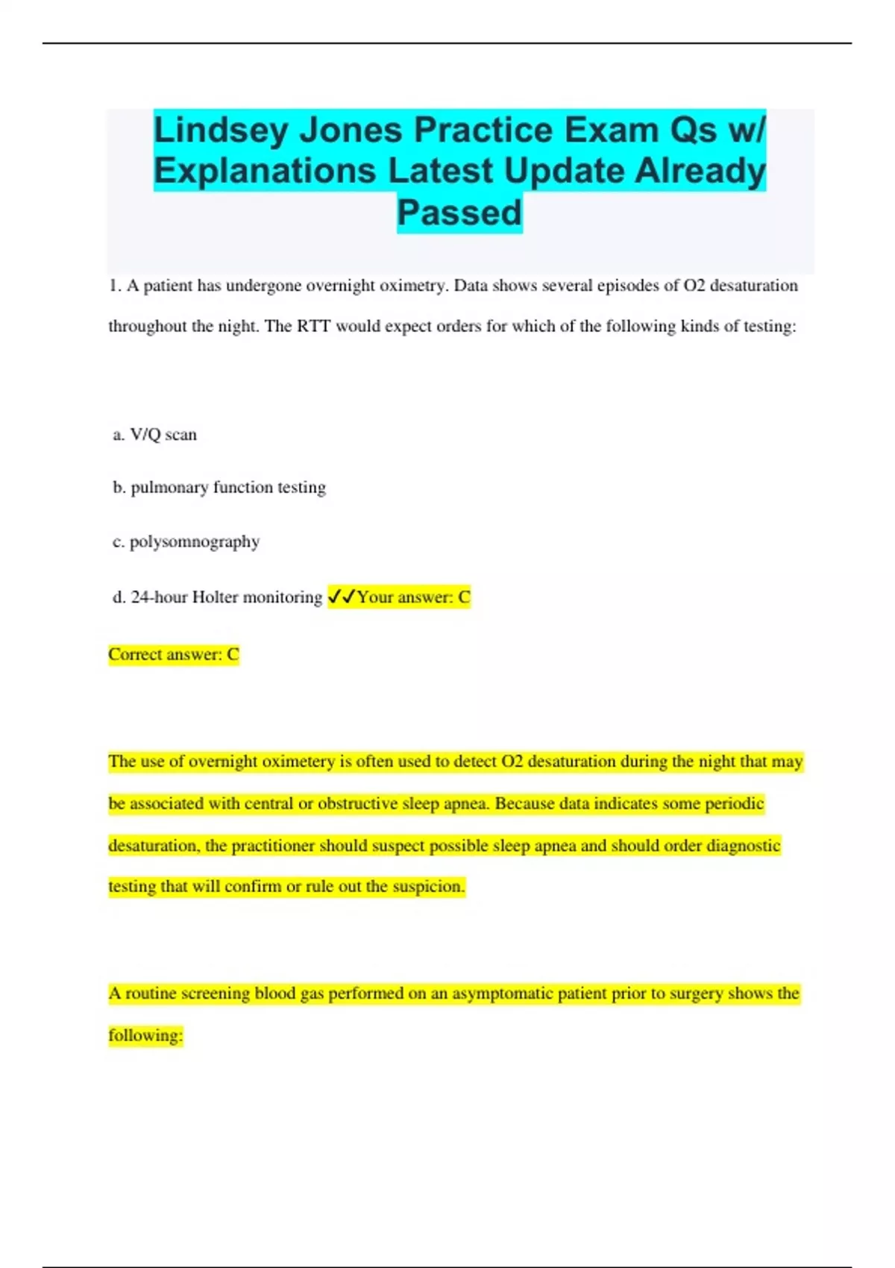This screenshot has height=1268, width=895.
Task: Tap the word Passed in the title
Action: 459,213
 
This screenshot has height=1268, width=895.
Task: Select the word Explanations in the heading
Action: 265,172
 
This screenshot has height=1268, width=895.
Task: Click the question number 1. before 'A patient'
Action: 116,286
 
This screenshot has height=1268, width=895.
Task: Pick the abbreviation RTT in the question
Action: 314,327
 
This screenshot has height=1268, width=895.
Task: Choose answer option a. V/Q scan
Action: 155,435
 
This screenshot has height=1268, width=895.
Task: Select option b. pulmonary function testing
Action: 219,488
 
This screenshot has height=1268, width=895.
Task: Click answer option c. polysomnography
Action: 186,542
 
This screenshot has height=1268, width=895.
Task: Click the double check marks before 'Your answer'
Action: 342,597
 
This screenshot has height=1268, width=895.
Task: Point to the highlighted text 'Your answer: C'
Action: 414,597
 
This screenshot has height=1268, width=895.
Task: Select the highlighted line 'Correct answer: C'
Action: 174,655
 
